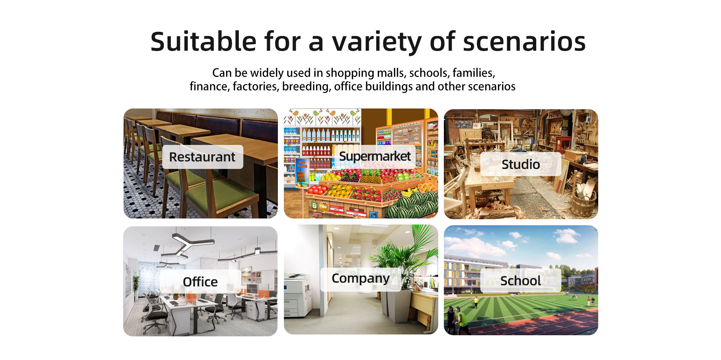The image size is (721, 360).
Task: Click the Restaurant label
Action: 202,157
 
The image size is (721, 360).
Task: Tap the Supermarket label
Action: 375,156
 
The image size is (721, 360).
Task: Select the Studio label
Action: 521,164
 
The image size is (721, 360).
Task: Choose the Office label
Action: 200,282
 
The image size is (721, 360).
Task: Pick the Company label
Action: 360,279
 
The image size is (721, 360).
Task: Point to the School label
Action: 520,280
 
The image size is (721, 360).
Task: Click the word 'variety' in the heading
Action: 377,42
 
